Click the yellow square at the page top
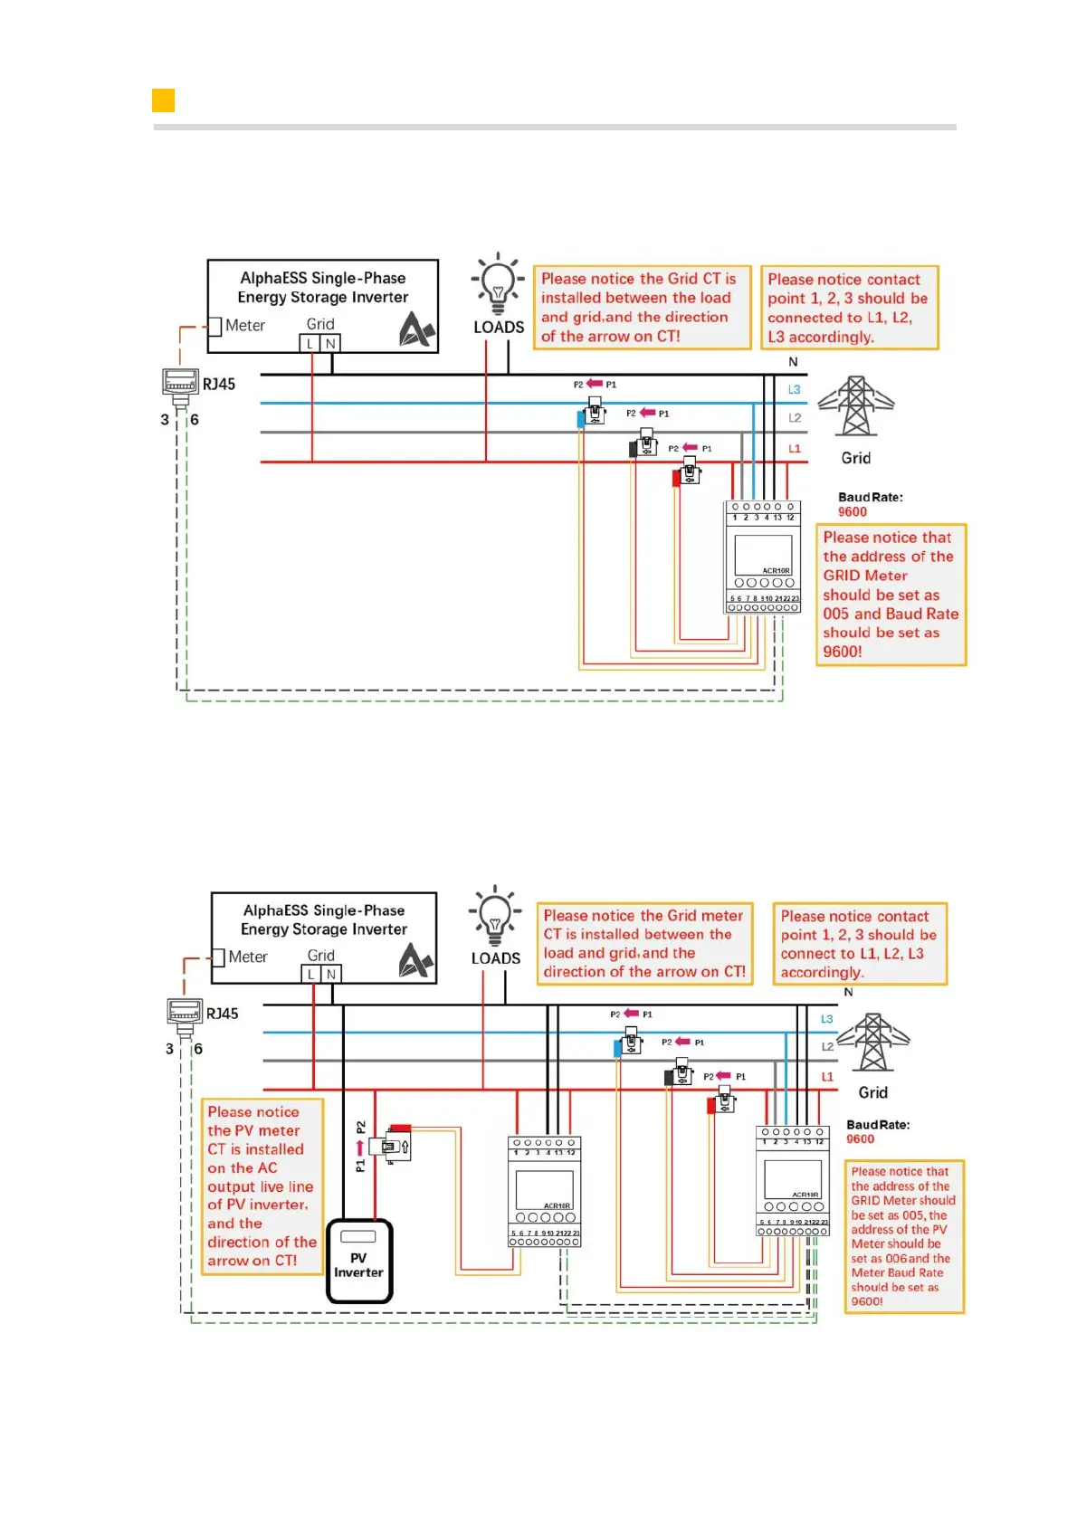[163, 100]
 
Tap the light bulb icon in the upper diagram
[497, 284]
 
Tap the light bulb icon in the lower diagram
[494, 916]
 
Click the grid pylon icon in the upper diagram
[855, 406]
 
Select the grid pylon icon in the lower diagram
[872, 1042]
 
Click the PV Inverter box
[359, 1261]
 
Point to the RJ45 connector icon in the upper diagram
[180, 384]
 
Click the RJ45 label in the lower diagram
[222, 1014]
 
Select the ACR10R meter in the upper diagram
[762, 557]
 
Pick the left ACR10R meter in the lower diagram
[544, 1192]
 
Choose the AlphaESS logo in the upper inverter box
[416, 329]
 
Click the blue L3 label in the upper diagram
[794, 389]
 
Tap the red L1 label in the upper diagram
[794, 448]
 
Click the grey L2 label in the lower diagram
[827, 1046]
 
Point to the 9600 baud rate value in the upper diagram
[852, 511]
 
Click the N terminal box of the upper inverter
[331, 344]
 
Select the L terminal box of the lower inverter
[311, 974]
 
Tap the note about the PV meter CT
[262, 1186]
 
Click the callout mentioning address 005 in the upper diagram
[890, 594]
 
